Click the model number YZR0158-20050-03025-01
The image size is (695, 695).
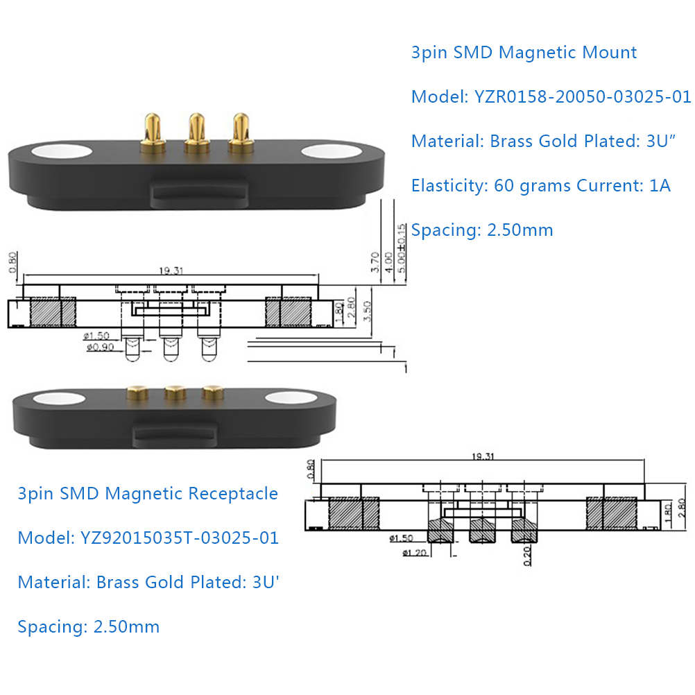click(583, 96)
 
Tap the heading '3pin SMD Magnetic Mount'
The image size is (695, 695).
click(524, 53)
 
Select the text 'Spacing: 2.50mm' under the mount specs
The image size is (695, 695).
click(482, 230)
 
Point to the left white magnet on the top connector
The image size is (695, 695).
click(62, 151)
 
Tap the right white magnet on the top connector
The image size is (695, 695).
click(332, 151)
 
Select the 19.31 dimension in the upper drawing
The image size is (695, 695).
click(171, 271)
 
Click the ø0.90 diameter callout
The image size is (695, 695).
click(100, 347)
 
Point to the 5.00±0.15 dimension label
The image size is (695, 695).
click(401, 248)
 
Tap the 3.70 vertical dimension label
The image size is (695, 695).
click(375, 262)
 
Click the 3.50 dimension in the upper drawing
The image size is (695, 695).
click(367, 311)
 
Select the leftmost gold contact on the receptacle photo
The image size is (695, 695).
click(137, 393)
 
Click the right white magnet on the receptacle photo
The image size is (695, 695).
click(291, 398)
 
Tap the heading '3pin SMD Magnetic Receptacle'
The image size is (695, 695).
click(148, 494)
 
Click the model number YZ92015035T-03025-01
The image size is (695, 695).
click(180, 538)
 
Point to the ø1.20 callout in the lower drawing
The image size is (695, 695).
click(414, 553)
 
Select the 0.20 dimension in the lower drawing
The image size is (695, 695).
click(527, 556)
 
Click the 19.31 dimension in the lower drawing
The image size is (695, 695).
click(483, 456)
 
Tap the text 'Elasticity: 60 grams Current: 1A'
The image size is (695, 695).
click(541, 186)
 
